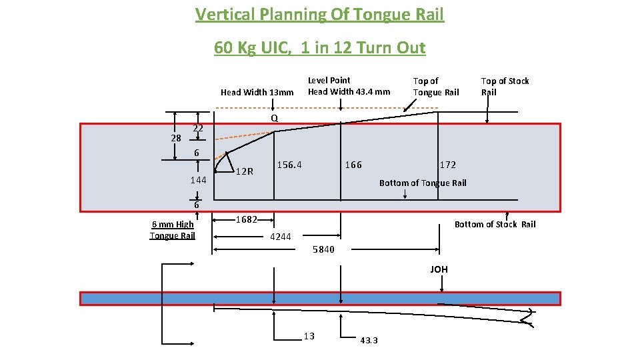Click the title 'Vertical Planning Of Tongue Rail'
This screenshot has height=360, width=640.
(319, 14)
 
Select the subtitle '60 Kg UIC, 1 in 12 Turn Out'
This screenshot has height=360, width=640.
(319, 48)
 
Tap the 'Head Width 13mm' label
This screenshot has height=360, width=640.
(257, 93)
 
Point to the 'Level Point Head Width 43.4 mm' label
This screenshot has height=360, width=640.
(349, 86)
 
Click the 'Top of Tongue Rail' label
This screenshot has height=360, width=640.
(436, 87)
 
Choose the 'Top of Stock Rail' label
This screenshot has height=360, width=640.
(505, 87)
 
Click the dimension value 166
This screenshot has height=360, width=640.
(353, 165)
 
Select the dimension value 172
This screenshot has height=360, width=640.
(448, 165)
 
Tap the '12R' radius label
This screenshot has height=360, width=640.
(245, 171)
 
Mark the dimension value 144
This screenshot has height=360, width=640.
(198, 181)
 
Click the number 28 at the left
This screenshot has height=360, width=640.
(176, 138)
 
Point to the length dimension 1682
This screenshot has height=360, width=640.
(247, 220)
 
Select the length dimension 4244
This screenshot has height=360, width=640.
(281, 237)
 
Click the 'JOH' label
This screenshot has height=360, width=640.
(439, 269)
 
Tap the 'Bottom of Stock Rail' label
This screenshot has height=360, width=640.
(495, 224)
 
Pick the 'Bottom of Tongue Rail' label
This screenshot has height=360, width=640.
(423, 183)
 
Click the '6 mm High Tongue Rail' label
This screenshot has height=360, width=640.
(172, 230)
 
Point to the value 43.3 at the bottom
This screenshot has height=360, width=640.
(369, 340)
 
